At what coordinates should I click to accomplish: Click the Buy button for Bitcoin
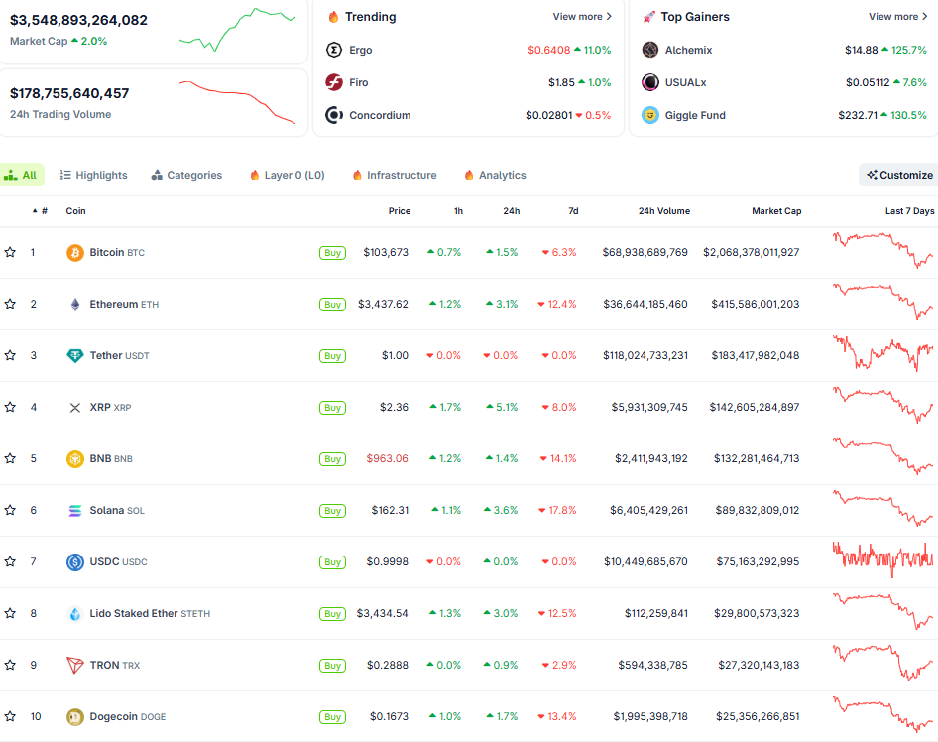(x=333, y=253)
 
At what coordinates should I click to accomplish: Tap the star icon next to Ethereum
(x=10, y=304)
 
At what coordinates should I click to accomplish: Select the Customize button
(x=898, y=175)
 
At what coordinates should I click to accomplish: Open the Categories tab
(x=186, y=175)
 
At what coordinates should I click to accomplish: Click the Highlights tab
(x=94, y=175)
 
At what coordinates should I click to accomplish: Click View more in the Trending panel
(x=582, y=17)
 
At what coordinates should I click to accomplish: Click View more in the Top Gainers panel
(x=897, y=17)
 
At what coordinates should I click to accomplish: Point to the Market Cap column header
(x=776, y=211)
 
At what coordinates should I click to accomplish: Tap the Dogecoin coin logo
(x=74, y=716)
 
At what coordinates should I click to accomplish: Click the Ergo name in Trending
(x=361, y=50)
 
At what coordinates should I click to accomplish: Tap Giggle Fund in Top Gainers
(x=695, y=115)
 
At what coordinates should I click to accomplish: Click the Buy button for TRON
(x=333, y=666)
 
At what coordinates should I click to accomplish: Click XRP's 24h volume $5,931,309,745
(x=645, y=407)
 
